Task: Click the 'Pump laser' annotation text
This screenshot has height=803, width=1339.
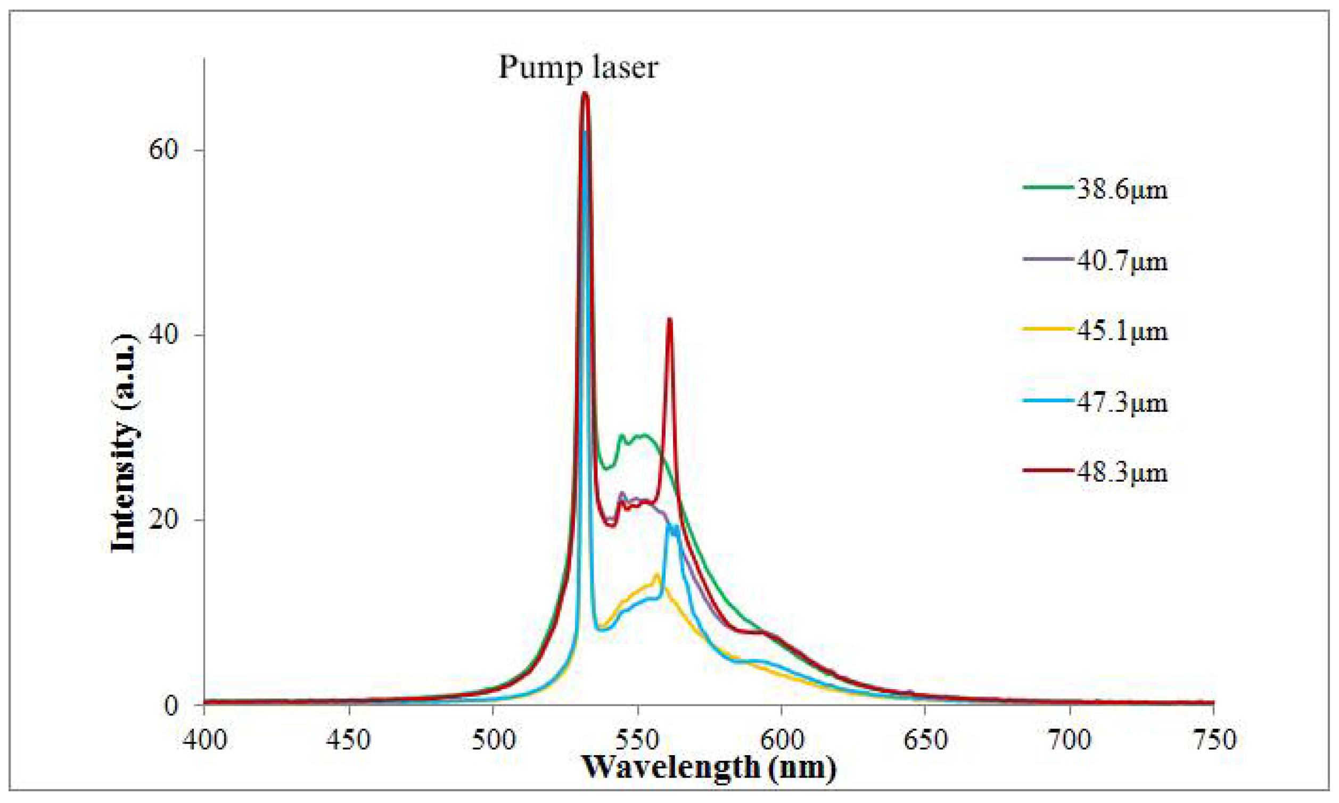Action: [x=578, y=68]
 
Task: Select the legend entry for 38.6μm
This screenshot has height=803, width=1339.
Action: [x=1121, y=190]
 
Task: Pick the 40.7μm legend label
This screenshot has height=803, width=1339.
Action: [x=1121, y=261]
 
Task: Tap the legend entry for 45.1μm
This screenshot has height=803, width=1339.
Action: [x=1121, y=331]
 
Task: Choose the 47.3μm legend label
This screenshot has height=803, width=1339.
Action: [x=1121, y=403]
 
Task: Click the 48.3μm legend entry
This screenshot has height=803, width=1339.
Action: [x=1121, y=473]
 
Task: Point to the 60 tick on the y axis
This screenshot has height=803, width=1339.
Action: [x=163, y=150]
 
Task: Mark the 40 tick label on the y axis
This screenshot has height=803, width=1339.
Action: [x=163, y=335]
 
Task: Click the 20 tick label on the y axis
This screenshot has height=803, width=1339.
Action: [x=163, y=520]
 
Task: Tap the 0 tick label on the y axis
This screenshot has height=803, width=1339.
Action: [x=171, y=706]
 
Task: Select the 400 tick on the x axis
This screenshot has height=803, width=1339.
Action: [x=204, y=739]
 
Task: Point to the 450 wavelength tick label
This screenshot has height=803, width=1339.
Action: [x=349, y=739]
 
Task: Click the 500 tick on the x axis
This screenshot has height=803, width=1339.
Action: [x=493, y=739]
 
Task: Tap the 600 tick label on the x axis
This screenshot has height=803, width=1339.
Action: [x=782, y=739]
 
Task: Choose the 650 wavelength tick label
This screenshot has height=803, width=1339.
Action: [x=925, y=739]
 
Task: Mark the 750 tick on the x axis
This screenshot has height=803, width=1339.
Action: [x=1214, y=739]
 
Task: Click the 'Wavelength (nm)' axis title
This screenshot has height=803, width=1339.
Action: [x=709, y=767]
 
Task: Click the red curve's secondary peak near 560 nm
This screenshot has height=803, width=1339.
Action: [x=670, y=320]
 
